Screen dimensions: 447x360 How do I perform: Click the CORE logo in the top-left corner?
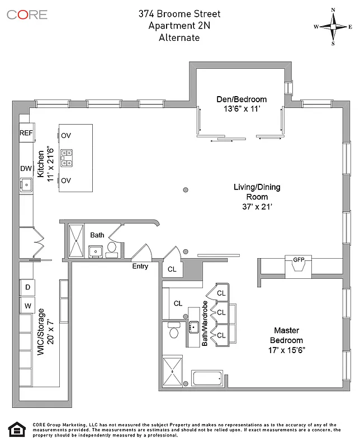pyautogui.click(x=27, y=13)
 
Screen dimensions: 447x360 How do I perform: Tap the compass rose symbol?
pyautogui.click(x=333, y=26)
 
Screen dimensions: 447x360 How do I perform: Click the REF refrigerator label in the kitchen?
pyautogui.click(x=26, y=133)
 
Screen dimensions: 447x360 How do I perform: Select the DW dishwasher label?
pyautogui.click(x=26, y=168)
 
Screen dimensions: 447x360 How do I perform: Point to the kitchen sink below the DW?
pyautogui.click(x=25, y=183)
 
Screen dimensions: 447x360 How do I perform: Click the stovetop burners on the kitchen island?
pyautogui.click(x=67, y=158)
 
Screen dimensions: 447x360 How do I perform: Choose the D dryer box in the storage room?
pyautogui.click(x=27, y=288)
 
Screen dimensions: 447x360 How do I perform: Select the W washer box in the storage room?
pyautogui.click(x=27, y=306)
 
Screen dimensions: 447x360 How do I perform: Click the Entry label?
pyautogui.click(x=140, y=267)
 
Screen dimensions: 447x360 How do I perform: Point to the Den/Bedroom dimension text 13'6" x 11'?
pyautogui.click(x=241, y=110)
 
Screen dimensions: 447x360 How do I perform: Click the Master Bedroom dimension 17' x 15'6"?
pyautogui.click(x=287, y=350)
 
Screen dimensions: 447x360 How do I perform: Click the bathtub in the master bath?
pyautogui.click(x=207, y=378)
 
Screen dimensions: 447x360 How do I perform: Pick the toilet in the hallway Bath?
pyautogui.click(x=112, y=248)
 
